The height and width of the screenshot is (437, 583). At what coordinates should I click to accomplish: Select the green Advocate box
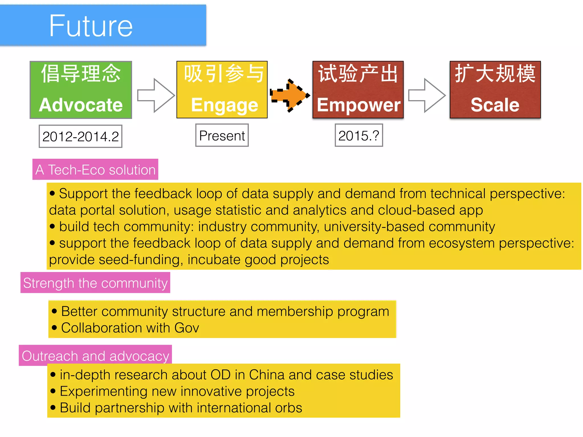click(x=81, y=90)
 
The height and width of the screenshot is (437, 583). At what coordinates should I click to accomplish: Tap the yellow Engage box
click(x=222, y=90)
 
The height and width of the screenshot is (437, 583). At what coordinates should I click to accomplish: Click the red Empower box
click(x=358, y=90)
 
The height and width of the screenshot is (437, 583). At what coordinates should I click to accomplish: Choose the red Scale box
click(x=495, y=90)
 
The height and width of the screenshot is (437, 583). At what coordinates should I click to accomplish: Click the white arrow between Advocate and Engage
click(x=156, y=95)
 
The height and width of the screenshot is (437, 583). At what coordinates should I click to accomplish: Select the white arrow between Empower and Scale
click(x=427, y=95)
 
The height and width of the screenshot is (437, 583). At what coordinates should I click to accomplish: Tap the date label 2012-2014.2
click(x=81, y=136)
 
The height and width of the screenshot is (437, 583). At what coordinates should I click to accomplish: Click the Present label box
click(x=222, y=135)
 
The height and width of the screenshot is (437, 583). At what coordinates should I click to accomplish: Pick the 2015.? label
click(x=359, y=135)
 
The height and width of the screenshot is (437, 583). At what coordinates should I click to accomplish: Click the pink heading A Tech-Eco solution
click(x=95, y=170)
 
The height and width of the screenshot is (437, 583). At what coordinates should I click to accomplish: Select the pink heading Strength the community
click(x=95, y=283)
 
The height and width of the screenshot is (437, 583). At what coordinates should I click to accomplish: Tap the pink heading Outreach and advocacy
click(x=95, y=356)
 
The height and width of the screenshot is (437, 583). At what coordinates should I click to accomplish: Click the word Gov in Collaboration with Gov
click(x=187, y=328)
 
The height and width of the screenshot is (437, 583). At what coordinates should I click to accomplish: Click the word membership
click(x=295, y=311)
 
